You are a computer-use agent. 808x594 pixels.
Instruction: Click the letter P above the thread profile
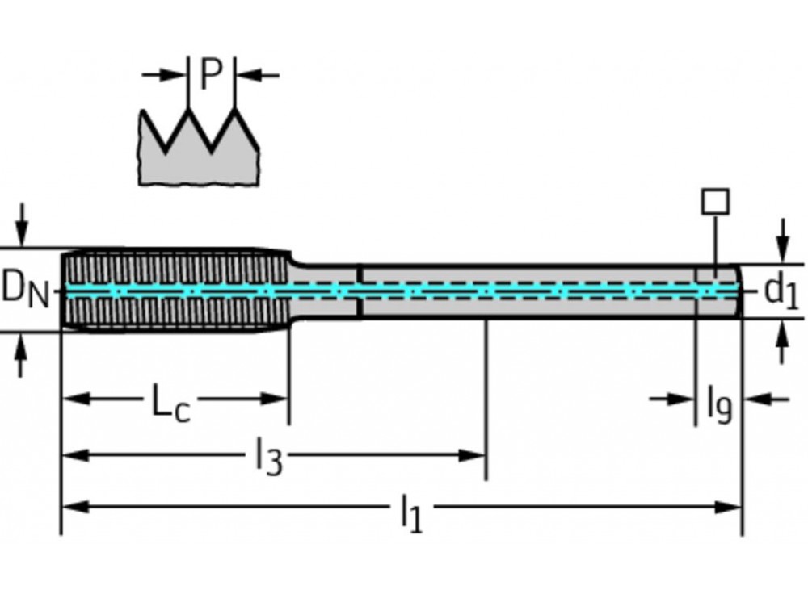point(210,75)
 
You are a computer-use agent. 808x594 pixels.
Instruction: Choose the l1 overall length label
point(411,512)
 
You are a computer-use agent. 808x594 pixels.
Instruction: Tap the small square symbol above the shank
point(714,201)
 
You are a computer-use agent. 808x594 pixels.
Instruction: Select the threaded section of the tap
point(174,289)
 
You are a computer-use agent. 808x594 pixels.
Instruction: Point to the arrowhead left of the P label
point(175,75)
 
